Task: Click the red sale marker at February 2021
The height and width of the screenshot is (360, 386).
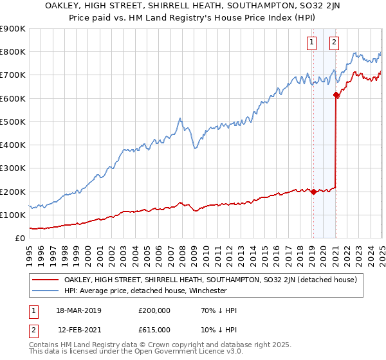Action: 336,95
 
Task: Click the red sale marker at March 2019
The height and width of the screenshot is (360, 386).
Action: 313,192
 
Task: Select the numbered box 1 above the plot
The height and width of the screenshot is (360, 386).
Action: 312,43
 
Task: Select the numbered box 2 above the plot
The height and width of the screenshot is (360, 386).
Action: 335,43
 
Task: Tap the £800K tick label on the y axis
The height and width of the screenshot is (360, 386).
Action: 13,52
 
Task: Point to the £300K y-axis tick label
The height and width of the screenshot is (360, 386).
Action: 13,168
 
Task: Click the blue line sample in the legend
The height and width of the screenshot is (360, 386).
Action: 46,291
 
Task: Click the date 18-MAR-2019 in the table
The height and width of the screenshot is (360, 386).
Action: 79,310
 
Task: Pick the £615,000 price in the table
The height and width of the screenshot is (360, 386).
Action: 154,329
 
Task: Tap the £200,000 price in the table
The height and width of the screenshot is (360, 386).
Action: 154,310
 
